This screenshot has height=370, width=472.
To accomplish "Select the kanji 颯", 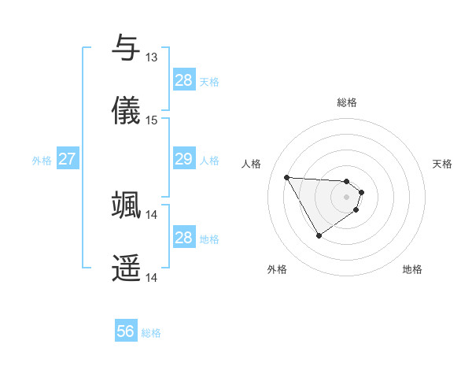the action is (127, 204).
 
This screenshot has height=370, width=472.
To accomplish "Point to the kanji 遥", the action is (127, 268).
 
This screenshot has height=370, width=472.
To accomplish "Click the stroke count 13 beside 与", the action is (151, 57).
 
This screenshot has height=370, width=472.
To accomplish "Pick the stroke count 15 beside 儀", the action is (151, 120).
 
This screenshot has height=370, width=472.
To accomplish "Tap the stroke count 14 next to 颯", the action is (151, 214).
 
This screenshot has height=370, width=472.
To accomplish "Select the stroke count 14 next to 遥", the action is (151, 278).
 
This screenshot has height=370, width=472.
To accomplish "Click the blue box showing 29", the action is (183, 159).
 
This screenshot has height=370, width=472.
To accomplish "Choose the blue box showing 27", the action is (67, 159).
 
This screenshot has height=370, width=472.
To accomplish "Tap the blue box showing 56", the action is (126, 332).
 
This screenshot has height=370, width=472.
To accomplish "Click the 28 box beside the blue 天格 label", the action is (183, 80).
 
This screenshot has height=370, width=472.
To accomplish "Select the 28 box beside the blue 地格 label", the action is (183, 238).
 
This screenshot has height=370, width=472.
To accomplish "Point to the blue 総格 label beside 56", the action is (151, 333).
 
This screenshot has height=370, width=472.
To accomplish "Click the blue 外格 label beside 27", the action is (42, 160).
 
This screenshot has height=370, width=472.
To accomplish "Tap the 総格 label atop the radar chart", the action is (346, 102).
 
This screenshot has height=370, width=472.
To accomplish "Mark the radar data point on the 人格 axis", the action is (286, 177).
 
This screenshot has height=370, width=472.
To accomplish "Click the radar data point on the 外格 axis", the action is (319, 235).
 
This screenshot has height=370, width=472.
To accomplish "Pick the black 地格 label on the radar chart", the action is (412, 269).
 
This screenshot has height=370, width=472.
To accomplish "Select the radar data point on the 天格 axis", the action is (361, 191).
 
